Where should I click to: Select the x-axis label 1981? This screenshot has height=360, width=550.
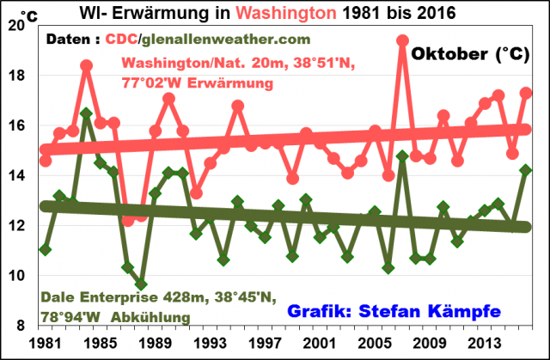(45, 343)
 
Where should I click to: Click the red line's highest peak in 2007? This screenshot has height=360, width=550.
(402, 40)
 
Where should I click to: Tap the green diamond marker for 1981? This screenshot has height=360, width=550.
(46, 250)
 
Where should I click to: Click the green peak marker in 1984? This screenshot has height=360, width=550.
(86, 113)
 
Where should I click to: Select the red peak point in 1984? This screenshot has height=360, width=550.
(87, 64)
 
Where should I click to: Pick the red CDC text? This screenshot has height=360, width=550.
(122, 40)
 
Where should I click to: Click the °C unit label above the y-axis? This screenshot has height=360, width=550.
(28, 15)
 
